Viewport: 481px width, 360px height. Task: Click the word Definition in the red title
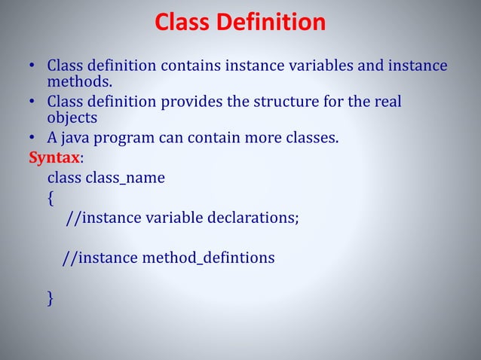click(271, 23)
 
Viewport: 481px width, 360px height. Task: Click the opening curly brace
click(51, 198)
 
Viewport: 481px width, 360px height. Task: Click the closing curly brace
click(51, 298)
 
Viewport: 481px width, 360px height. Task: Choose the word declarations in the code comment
click(250, 218)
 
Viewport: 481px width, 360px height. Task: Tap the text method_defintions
click(207, 258)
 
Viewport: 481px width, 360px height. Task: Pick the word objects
click(72, 118)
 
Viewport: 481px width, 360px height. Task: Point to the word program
click(125, 139)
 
